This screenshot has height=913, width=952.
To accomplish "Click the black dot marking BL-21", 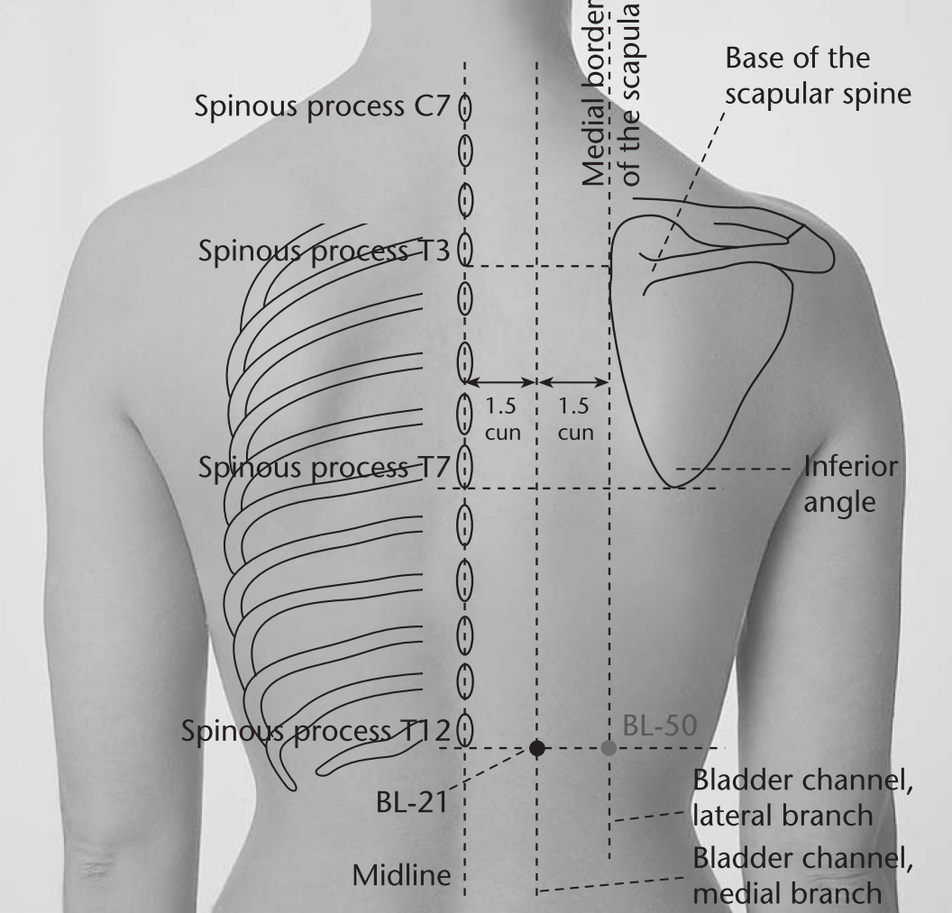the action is click(536, 748).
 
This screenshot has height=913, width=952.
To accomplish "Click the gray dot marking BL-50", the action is click(609, 748).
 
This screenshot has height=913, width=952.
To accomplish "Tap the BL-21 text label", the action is click(412, 802).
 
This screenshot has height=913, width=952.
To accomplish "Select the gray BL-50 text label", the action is click(660, 726).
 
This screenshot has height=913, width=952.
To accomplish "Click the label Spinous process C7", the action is click(322, 107).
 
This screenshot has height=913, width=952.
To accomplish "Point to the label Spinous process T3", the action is click(325, 251).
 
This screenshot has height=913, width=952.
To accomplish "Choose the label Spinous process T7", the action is click(325, 468).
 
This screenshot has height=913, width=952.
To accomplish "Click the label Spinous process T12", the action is click(316, 731).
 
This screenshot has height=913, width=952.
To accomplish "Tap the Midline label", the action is click(402, 875).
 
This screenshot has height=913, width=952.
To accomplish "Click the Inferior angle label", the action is click(851, 484).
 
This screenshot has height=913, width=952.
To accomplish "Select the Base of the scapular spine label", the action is click(818, 77).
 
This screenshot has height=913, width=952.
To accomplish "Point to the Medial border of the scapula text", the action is click(611, 94).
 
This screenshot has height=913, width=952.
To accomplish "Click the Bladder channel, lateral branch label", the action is click(802, 798).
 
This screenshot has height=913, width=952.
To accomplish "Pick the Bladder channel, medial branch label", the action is click(802, 875).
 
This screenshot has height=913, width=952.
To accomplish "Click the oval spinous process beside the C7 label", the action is click(465, 108).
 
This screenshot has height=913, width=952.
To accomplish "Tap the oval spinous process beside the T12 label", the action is click(465, 730).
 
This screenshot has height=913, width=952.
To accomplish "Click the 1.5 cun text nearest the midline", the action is click(502, 419).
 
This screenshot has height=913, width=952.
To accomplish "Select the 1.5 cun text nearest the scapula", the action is click(575, 419).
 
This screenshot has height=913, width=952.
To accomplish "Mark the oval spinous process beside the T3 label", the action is click(465, 249).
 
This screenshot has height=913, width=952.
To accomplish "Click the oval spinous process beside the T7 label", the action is click(465, 466).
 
